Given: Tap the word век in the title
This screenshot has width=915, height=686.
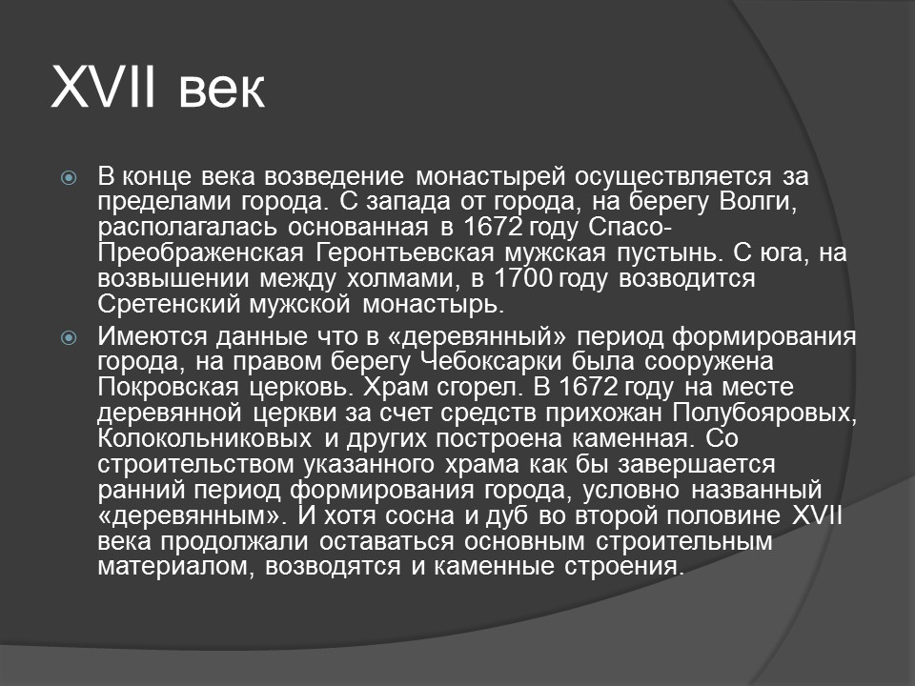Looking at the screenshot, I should click(x=220, y=92).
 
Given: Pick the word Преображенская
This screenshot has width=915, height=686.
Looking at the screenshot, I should click(x=198, y=254).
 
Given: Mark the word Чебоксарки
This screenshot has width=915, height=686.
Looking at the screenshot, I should click(x=487, y=362).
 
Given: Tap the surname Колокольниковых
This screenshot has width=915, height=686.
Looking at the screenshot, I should click(x=205, y=439).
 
